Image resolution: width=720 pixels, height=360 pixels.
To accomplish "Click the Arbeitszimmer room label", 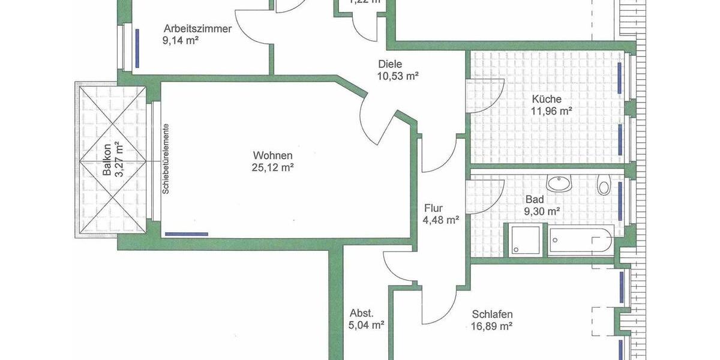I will point(197,28).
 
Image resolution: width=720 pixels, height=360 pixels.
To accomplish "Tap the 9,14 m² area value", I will point(180,40).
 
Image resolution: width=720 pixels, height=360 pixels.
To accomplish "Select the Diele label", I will point(390,64).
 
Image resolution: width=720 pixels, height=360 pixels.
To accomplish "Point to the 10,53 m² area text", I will point(397,76).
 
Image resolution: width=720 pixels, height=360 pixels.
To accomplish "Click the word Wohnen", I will point(272,156).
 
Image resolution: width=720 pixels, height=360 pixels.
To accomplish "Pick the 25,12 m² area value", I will point(272,168).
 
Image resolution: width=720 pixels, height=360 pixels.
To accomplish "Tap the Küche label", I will point(547,99).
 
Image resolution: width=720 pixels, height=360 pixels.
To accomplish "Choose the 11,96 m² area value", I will point(551,111).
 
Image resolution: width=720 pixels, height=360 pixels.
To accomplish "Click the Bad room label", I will point(534,199).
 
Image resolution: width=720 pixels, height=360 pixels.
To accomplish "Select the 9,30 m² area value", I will point(542,211).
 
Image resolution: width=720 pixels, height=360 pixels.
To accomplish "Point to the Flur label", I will point(433,208).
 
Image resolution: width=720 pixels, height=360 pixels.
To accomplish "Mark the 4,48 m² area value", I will point(441,220).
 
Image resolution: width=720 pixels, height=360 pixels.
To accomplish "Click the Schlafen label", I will point(492,314).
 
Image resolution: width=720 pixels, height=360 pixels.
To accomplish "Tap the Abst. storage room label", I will point(362,313).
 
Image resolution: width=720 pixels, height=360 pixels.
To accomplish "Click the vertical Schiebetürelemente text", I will point(165,158).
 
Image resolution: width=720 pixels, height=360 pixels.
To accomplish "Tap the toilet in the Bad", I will point(604,185).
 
